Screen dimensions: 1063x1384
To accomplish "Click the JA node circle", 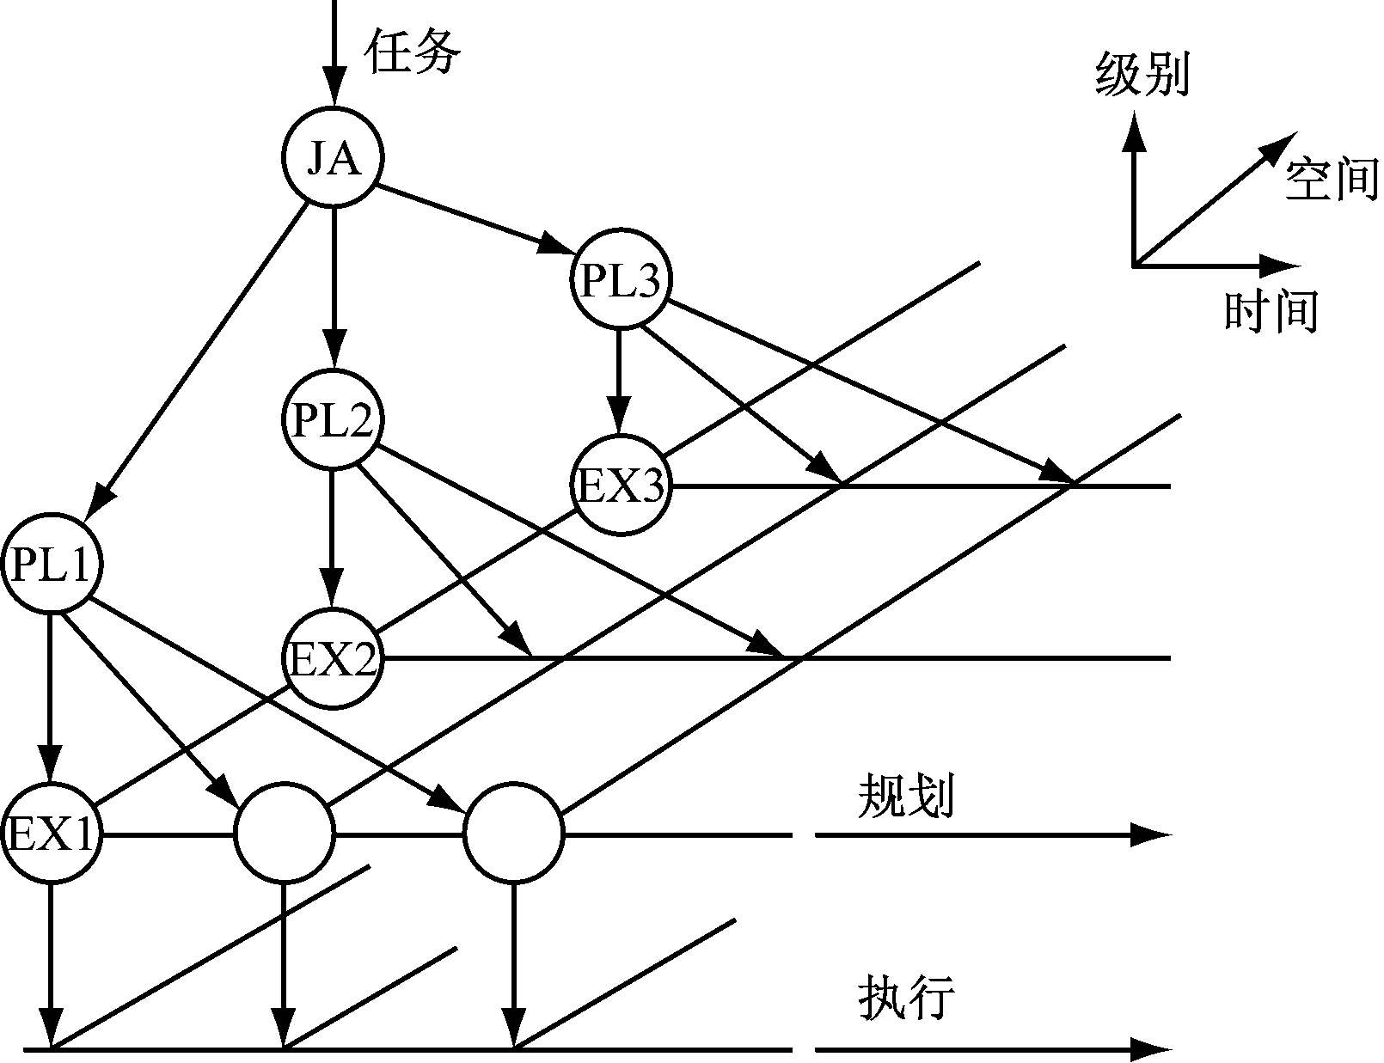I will [333, 157].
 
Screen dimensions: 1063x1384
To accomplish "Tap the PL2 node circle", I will [333, 420].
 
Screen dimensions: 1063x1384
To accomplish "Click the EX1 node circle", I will [52, 834].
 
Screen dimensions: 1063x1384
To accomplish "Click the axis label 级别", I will [1141, 73].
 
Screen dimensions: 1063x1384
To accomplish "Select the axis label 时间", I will [1271, 310].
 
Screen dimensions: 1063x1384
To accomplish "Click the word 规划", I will [905, 797].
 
